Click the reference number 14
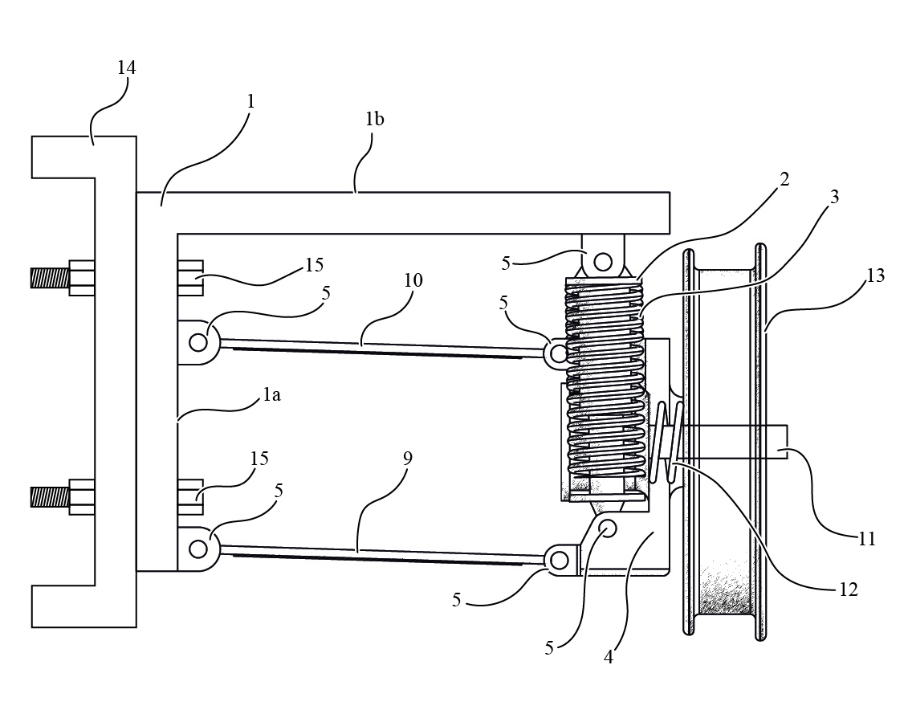click(126, 67)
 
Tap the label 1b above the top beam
click(374, 119)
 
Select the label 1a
click(271, 394)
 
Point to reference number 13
click(876, 275)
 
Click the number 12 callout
click(848, 590)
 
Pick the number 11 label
click(866, 540)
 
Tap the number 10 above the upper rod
click(413, 280)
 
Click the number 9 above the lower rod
click(408, 459)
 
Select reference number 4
click(608, 657)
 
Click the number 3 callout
click(834, 197)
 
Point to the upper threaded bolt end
click(50, 278)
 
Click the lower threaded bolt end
click(50, 497)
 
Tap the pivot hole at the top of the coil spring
click(603, 261)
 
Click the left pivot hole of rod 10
click(198, 342)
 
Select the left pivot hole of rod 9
click(198, 549)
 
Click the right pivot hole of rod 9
click(560, 561)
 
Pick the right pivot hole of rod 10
click(558, 353)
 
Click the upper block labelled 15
click(190, 278)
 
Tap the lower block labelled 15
click(190, 497)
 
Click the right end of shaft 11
click(787, 443)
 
